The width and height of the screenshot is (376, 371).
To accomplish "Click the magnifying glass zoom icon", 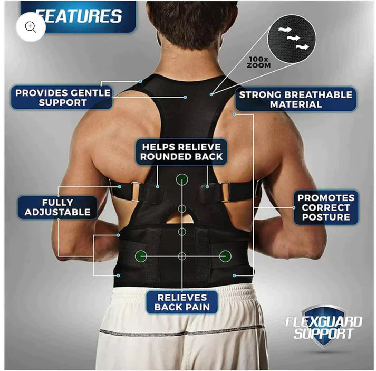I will [31, 27].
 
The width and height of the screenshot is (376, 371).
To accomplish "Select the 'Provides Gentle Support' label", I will [62, 98].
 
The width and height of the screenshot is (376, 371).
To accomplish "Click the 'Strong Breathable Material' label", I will [295, 99].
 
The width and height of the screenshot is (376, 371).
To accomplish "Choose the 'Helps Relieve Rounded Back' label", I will [181, 151].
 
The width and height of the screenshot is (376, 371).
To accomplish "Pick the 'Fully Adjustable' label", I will [58, 207].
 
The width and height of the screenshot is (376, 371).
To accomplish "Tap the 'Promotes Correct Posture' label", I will [326, 207].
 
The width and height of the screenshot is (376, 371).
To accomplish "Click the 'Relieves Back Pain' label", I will [182, 302].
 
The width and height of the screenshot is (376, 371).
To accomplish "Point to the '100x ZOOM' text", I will [258, 62].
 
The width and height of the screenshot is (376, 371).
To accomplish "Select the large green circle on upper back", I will [182, 179].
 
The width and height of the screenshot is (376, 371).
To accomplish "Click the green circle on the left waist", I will [141, 256].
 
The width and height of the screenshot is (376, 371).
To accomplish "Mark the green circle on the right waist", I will [225, 256].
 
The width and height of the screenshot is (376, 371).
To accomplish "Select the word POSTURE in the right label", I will [326, 217].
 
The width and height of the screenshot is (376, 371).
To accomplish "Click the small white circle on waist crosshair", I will [182, 256].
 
